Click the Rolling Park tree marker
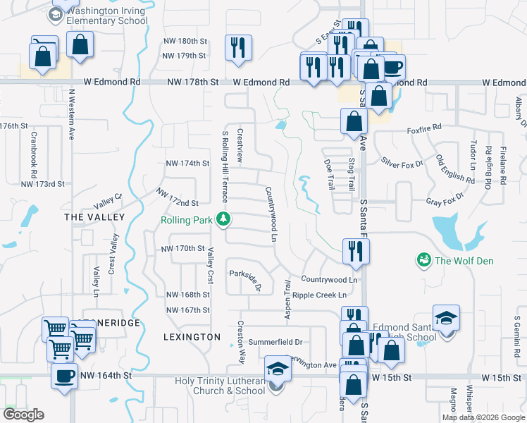224,220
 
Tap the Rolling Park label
187,220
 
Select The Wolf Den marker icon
423,261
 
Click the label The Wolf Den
464,262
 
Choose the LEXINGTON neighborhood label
192,337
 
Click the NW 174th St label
187,164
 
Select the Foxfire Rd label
423,128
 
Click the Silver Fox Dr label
402,164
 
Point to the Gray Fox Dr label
445,199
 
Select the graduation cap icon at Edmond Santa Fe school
446,317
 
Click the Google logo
24,415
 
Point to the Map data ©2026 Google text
483,417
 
